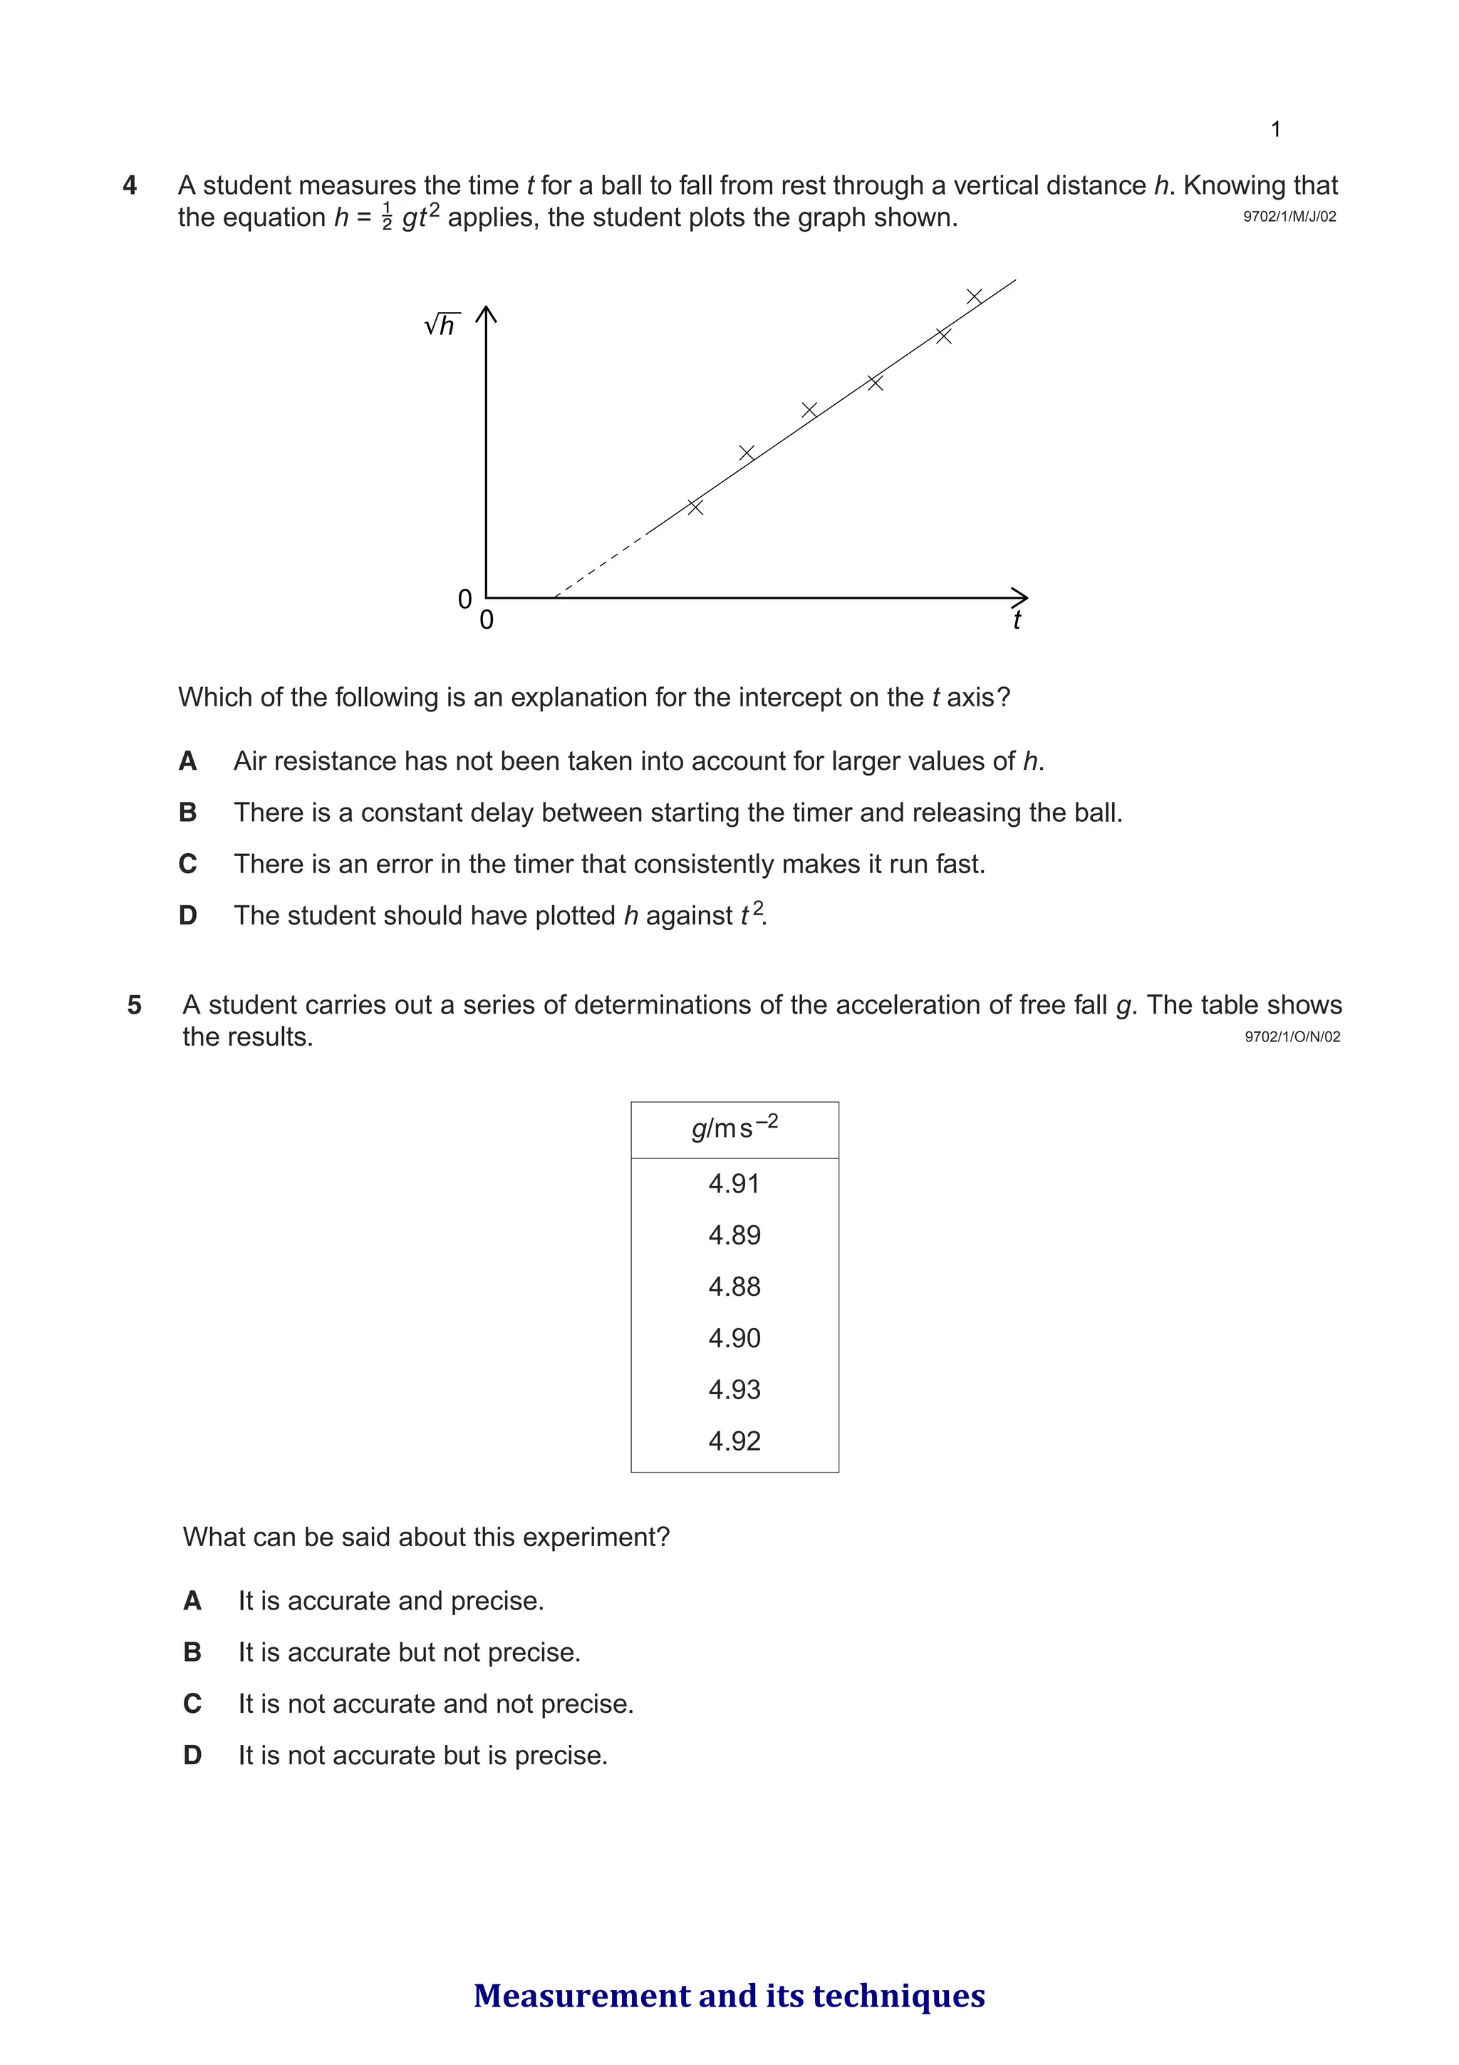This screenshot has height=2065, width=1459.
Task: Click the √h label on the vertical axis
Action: point(442,324)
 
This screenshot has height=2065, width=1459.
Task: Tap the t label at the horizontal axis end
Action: point(1017,619)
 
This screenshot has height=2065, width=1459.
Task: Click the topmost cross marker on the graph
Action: point(974,296)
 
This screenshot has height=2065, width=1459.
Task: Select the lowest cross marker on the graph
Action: point(695,506)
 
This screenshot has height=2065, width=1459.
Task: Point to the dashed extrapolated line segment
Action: point(600,567)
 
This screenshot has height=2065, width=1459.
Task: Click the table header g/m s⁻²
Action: point(734,1128)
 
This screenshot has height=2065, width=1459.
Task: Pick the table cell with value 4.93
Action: point(734,1389)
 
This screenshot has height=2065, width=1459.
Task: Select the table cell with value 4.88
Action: point(734,1286)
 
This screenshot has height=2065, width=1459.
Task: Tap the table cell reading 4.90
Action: point(734,1338)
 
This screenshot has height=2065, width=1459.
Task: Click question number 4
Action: point(130,185)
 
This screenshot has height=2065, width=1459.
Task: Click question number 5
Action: point(135,1004)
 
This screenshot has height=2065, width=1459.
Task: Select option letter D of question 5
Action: point(192,1755)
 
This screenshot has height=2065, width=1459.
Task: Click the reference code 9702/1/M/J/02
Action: point(1289,217)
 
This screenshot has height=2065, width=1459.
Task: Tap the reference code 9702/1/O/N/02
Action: point(1292,1037)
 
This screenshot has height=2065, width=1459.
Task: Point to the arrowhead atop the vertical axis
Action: point(485,314)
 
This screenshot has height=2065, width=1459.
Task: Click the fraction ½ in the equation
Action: point(388,217)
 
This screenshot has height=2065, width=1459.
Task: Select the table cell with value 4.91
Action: point(734,1183)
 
